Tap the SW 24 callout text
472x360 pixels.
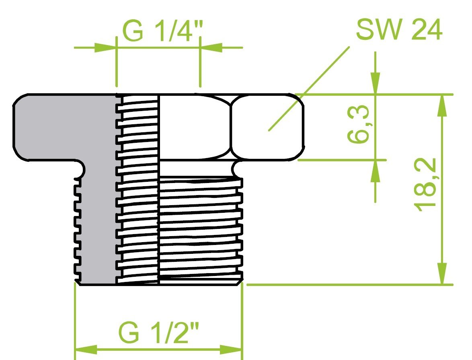[x=399, y=30]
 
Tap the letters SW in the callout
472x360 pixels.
[x=376, y=30]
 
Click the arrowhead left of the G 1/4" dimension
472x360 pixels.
[x=105, y=47]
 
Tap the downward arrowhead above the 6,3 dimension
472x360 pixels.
[x=375, y=84]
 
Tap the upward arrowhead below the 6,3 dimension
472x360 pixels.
[x=375, y=171]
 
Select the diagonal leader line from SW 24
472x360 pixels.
[x=310, y=88]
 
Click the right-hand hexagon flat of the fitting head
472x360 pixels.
[x=267, y=127]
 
